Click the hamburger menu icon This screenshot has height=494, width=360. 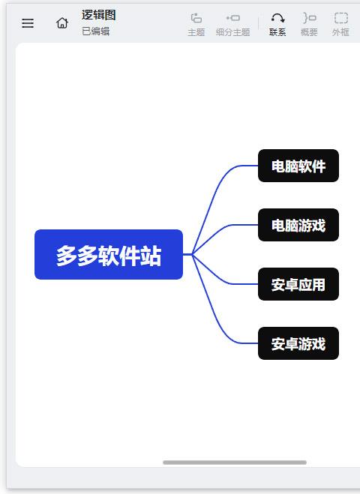(x=28, y=23)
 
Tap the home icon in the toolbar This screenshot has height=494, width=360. (x=62, y=23)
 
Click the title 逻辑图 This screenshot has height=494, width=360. (x=99, y=15)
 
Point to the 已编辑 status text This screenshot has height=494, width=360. (x=95, y=31)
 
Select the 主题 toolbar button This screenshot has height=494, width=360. (x=196, y=24)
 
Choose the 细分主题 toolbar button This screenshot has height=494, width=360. (x=233, y=24)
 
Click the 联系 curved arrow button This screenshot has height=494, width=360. (x=277, y=24)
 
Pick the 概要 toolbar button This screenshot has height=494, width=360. (x=309, y=24)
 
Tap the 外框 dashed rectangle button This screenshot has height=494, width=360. (x=340, y=24)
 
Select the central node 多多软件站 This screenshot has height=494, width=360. (x=109, y=255)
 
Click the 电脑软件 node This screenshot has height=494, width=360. (x=298, y=166)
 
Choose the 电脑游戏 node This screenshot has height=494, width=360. (x=298, y=225)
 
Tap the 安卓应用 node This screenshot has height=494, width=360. (x=298, y=284)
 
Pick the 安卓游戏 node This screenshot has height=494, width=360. (x=298, y=343)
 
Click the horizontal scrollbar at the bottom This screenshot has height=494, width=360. (x=235, y=463)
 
